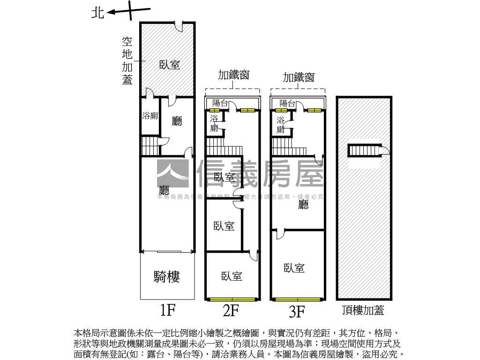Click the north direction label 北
(97, 13)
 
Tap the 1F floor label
(167, 310)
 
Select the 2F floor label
(231, 310)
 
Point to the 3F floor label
(297, 311)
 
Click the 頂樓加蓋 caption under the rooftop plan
(363, 310)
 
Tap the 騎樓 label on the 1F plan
(167, 277)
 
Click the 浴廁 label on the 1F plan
(150, 116)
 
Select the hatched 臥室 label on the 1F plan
(170, 65)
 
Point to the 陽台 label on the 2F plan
(220, 103)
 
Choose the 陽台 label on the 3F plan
(287, 103)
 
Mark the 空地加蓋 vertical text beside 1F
(127, 61)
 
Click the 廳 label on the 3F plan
(304, 204)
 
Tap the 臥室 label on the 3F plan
(294, 268)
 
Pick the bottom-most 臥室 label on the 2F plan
(232, 276)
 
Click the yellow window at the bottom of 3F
(298, 299)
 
